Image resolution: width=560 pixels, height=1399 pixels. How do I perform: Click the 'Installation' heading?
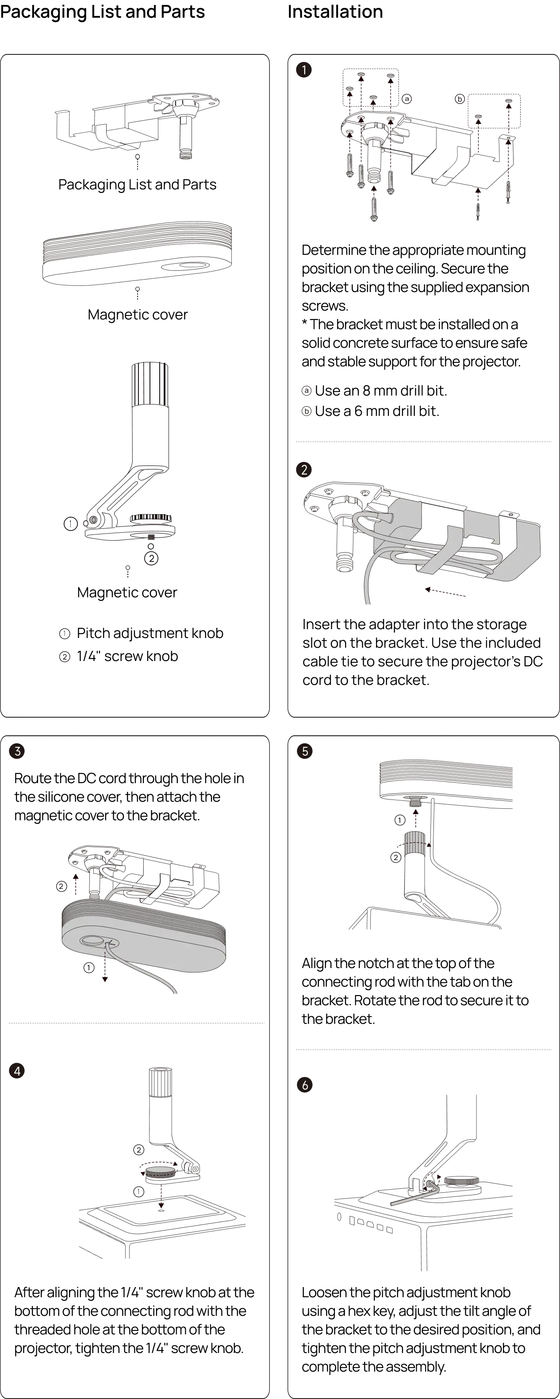click(335, 12)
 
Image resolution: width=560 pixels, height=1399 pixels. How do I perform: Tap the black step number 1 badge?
click(303, 69)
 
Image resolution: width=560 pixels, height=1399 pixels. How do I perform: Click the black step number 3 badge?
click(17, 751)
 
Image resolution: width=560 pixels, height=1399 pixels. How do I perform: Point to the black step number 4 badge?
click(17, 1071)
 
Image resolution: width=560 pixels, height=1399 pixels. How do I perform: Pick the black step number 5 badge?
click(305, 751)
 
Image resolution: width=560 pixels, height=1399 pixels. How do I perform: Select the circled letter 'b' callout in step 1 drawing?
click(460, 99)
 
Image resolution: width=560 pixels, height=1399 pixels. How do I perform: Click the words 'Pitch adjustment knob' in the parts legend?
click(150, 633)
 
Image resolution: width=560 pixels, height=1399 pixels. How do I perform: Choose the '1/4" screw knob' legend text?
click(127, 656)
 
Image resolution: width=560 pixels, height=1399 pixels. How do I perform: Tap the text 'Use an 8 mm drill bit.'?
click(381, 391)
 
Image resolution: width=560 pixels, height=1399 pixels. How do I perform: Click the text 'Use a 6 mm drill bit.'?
click(377, 411)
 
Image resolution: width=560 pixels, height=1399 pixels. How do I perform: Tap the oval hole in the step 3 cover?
click(92, 940)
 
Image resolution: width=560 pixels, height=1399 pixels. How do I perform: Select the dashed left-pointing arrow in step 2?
click(445, 592)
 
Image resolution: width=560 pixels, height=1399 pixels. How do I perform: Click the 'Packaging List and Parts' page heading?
click(102, 12)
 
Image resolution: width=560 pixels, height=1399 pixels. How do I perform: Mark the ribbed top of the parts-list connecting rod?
click(150, 384)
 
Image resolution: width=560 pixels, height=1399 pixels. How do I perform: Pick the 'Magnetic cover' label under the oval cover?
click(138, 315)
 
